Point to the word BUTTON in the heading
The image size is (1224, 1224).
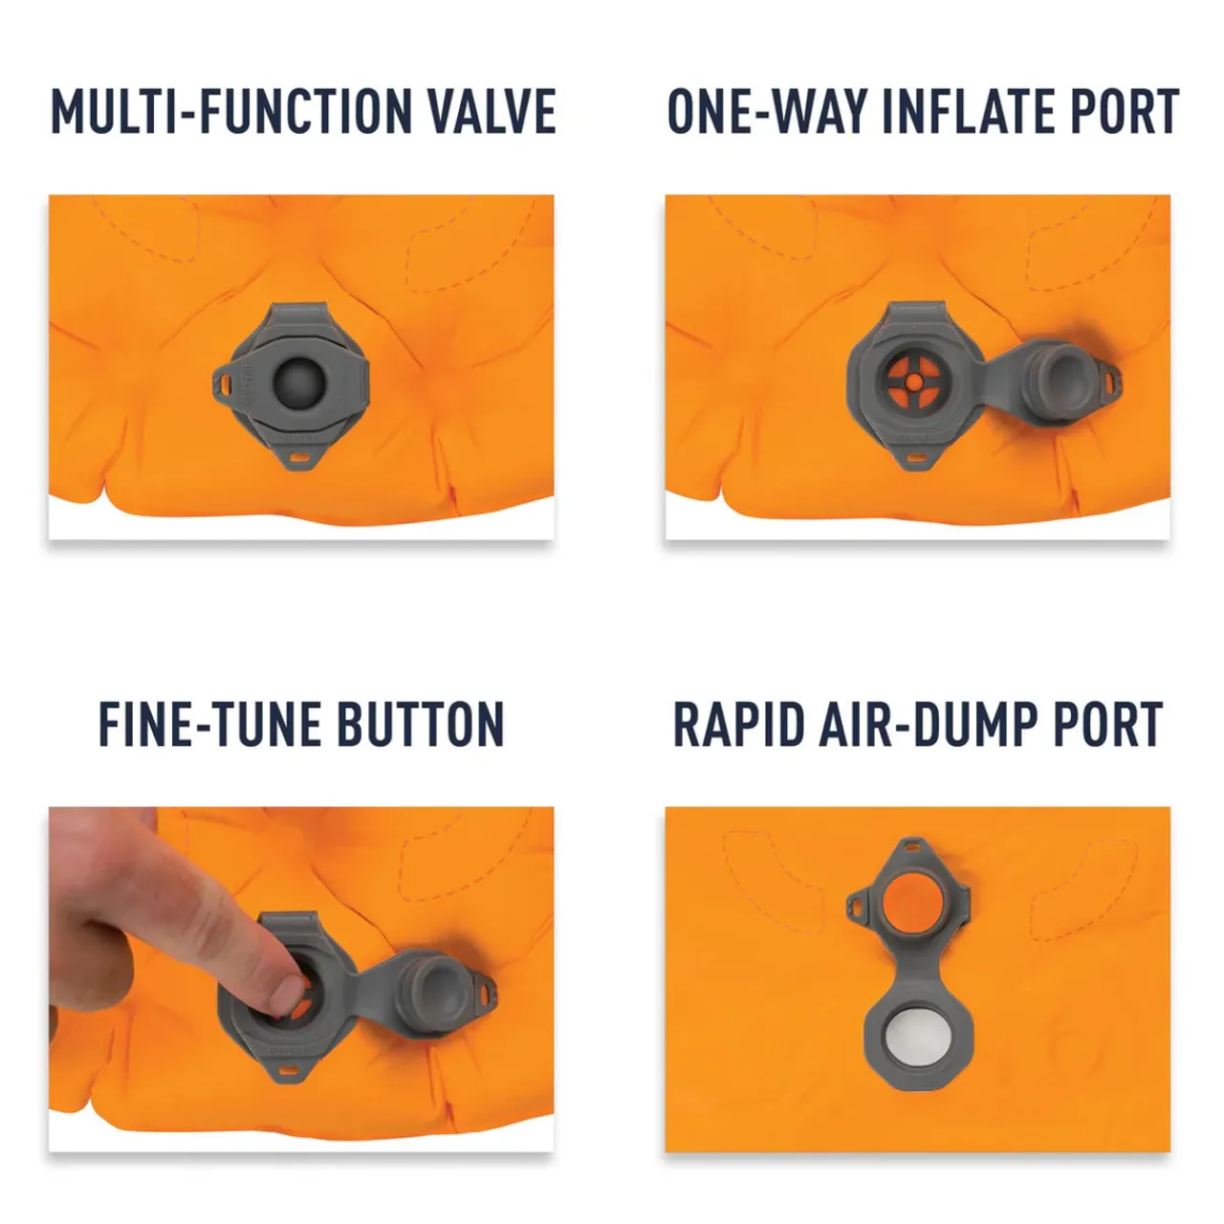[x=421, y=724]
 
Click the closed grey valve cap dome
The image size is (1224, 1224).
[x=299, y=382]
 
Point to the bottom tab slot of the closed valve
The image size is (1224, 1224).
[x=298, y=457]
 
